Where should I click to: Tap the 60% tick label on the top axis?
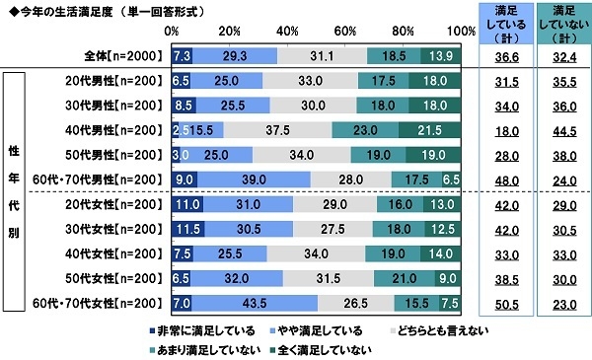346,32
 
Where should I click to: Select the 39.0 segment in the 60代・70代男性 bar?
254,179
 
